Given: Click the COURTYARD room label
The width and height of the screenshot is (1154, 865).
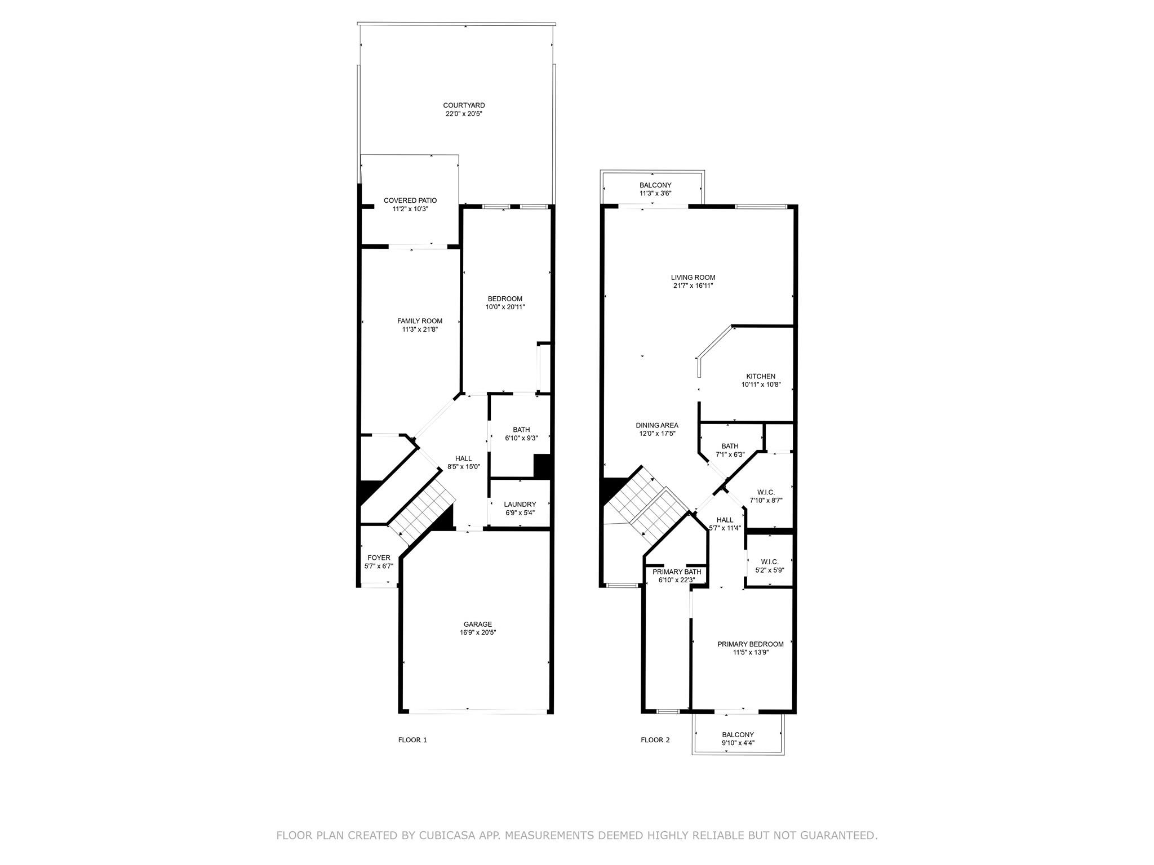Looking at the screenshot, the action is (x=464, y=105).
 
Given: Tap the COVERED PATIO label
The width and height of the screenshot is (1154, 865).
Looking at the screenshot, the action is (x=410, y=200).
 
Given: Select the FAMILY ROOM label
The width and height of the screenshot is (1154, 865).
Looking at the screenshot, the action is (x=420, y=321).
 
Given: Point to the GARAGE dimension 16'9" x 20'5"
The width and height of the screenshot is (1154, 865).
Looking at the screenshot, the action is (x=478, y=632).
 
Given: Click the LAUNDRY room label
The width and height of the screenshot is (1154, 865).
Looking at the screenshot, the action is (x=520, y=504).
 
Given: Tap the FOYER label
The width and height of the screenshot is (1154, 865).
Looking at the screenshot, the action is (x=379, y=558).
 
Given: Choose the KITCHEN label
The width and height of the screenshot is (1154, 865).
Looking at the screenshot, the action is (x=761, y=376).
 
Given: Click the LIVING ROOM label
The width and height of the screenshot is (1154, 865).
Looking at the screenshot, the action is (x=693, y=277).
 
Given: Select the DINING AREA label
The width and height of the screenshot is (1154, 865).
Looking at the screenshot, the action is (x=657, y=425).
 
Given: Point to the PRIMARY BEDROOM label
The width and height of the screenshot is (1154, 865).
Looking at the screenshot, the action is (x=751, y=644).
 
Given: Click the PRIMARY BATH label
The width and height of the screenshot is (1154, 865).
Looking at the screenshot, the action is (x=677, y=572).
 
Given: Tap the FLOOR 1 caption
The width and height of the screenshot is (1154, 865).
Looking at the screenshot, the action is (x=412, y=740).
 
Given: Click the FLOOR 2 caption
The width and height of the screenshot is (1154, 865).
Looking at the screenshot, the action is (x=655, y=740).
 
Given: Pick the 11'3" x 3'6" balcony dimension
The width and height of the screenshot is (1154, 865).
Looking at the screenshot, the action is (x=655, y=194).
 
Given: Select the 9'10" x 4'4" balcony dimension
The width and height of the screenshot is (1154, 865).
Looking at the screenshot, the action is (x=738, y=743).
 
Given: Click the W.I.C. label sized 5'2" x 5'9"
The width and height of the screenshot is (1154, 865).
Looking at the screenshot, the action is (x=770, y=561).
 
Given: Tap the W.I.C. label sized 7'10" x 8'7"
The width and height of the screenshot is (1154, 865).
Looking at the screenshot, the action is (x=766, y=492).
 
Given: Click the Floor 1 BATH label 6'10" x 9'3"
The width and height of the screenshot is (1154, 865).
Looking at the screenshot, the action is (x=521, y=430).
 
